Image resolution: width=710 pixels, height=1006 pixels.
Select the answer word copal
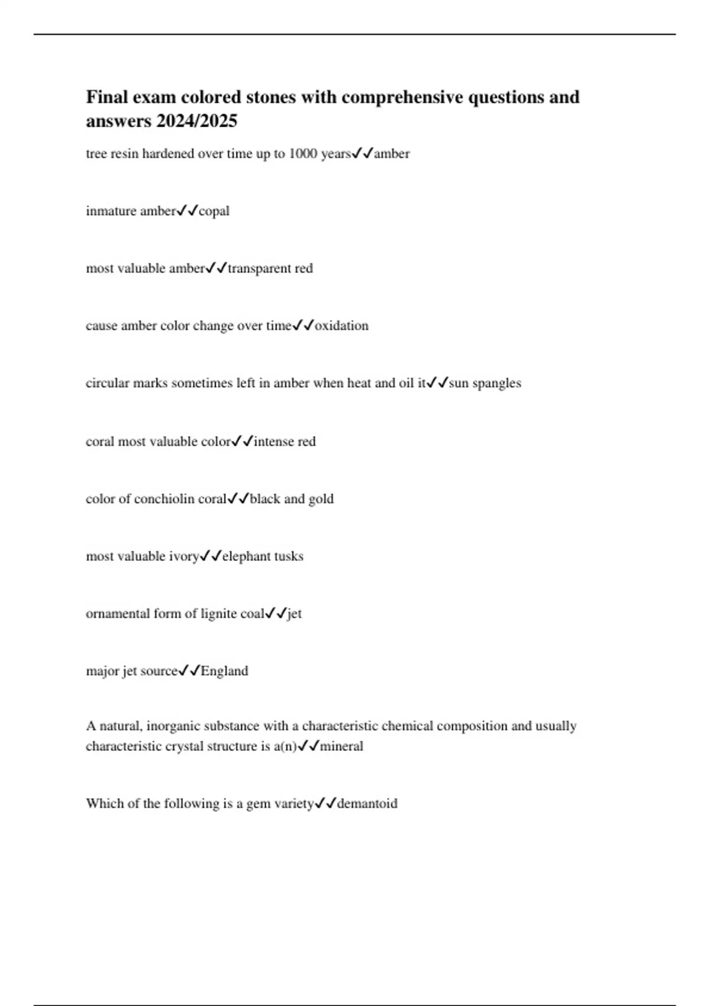214,211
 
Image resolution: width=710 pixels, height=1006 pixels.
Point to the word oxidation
342,325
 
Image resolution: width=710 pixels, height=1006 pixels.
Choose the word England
225,670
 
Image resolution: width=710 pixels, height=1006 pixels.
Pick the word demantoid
367,803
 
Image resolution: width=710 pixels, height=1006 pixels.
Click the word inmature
110,211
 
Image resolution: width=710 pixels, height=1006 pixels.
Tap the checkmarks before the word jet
276,613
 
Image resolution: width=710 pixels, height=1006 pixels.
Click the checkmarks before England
189,670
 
